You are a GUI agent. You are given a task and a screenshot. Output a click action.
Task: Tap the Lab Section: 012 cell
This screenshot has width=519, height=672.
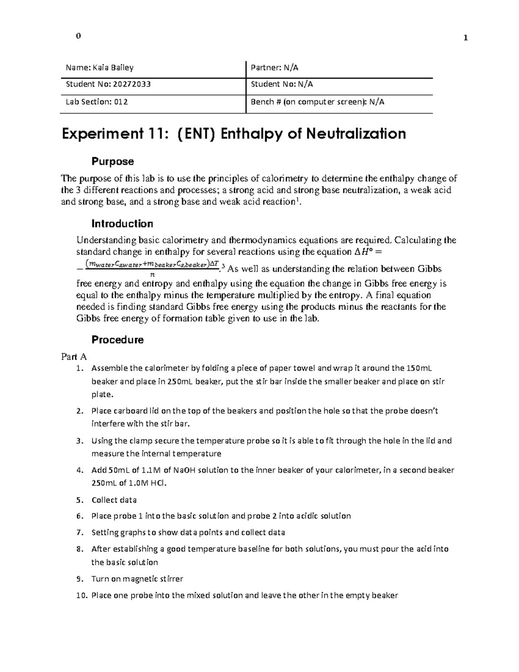96,102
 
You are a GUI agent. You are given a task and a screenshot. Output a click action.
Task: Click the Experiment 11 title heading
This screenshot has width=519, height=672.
234,134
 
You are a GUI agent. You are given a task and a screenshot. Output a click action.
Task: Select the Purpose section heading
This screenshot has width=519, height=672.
112,161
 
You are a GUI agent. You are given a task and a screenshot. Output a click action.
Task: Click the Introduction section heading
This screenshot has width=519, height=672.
122,224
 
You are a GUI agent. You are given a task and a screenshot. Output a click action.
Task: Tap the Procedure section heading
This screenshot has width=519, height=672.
117,340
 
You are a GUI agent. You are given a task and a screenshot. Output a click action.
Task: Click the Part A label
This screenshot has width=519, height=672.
74,357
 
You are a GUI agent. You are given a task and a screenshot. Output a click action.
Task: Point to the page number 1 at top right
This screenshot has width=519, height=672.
465,38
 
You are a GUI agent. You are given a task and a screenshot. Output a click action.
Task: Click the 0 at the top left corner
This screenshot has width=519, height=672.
78,36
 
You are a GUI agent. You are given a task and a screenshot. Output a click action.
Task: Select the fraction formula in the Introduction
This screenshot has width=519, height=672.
151,268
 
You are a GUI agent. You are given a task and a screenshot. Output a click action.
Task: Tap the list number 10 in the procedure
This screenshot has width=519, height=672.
80,595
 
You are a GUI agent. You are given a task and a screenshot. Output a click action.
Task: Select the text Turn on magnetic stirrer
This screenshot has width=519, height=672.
137,579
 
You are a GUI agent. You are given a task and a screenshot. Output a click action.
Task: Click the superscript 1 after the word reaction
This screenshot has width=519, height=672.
294,199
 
